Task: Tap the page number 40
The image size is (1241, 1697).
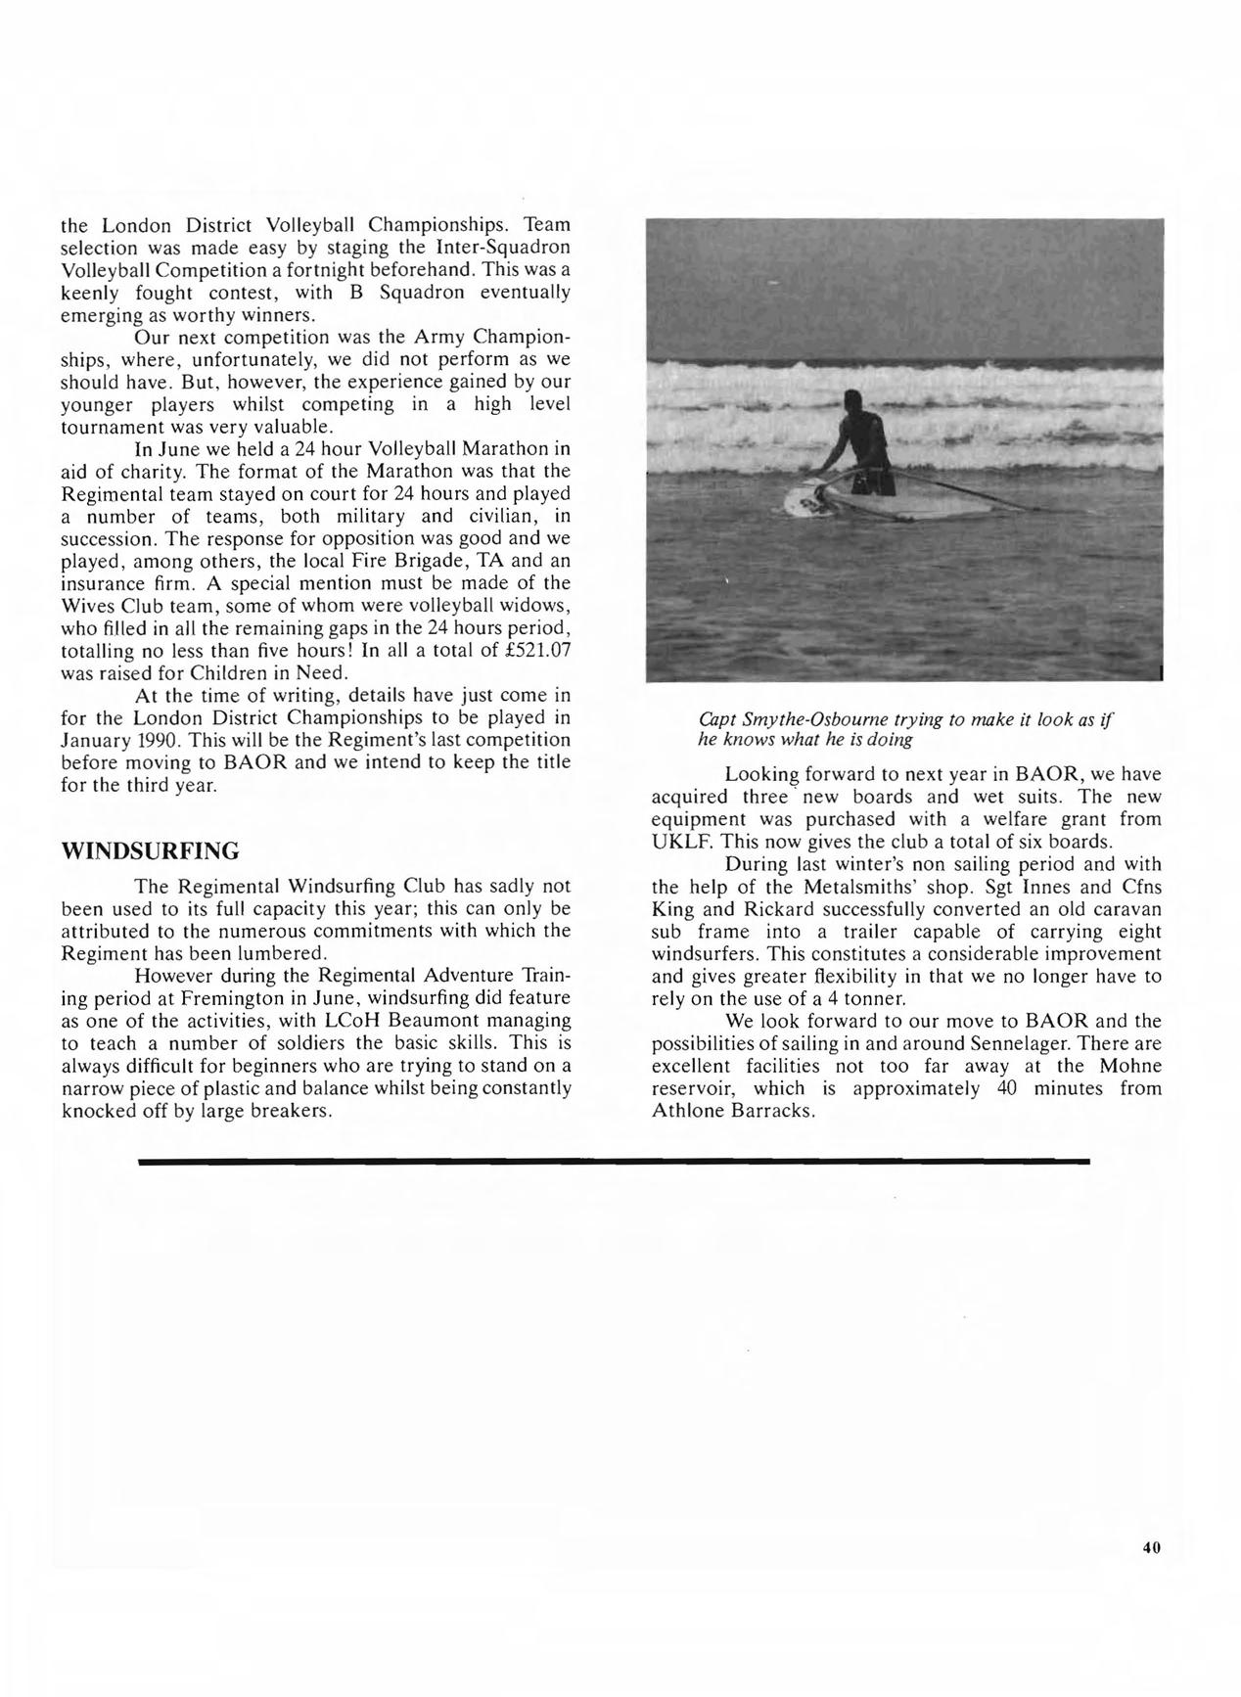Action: click(1150, 1547)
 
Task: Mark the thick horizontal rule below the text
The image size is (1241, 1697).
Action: click(614, 1161)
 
